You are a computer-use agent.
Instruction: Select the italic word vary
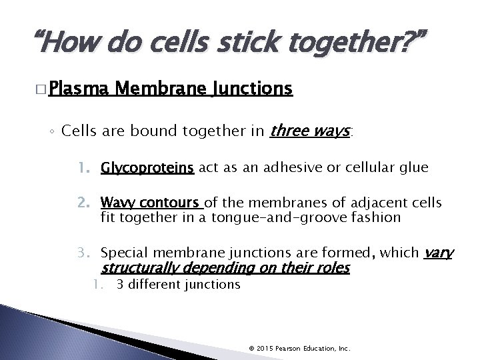click(439, 253)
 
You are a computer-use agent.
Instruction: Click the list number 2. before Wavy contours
click(86, 203)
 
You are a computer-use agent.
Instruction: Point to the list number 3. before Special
click(86, 253)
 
